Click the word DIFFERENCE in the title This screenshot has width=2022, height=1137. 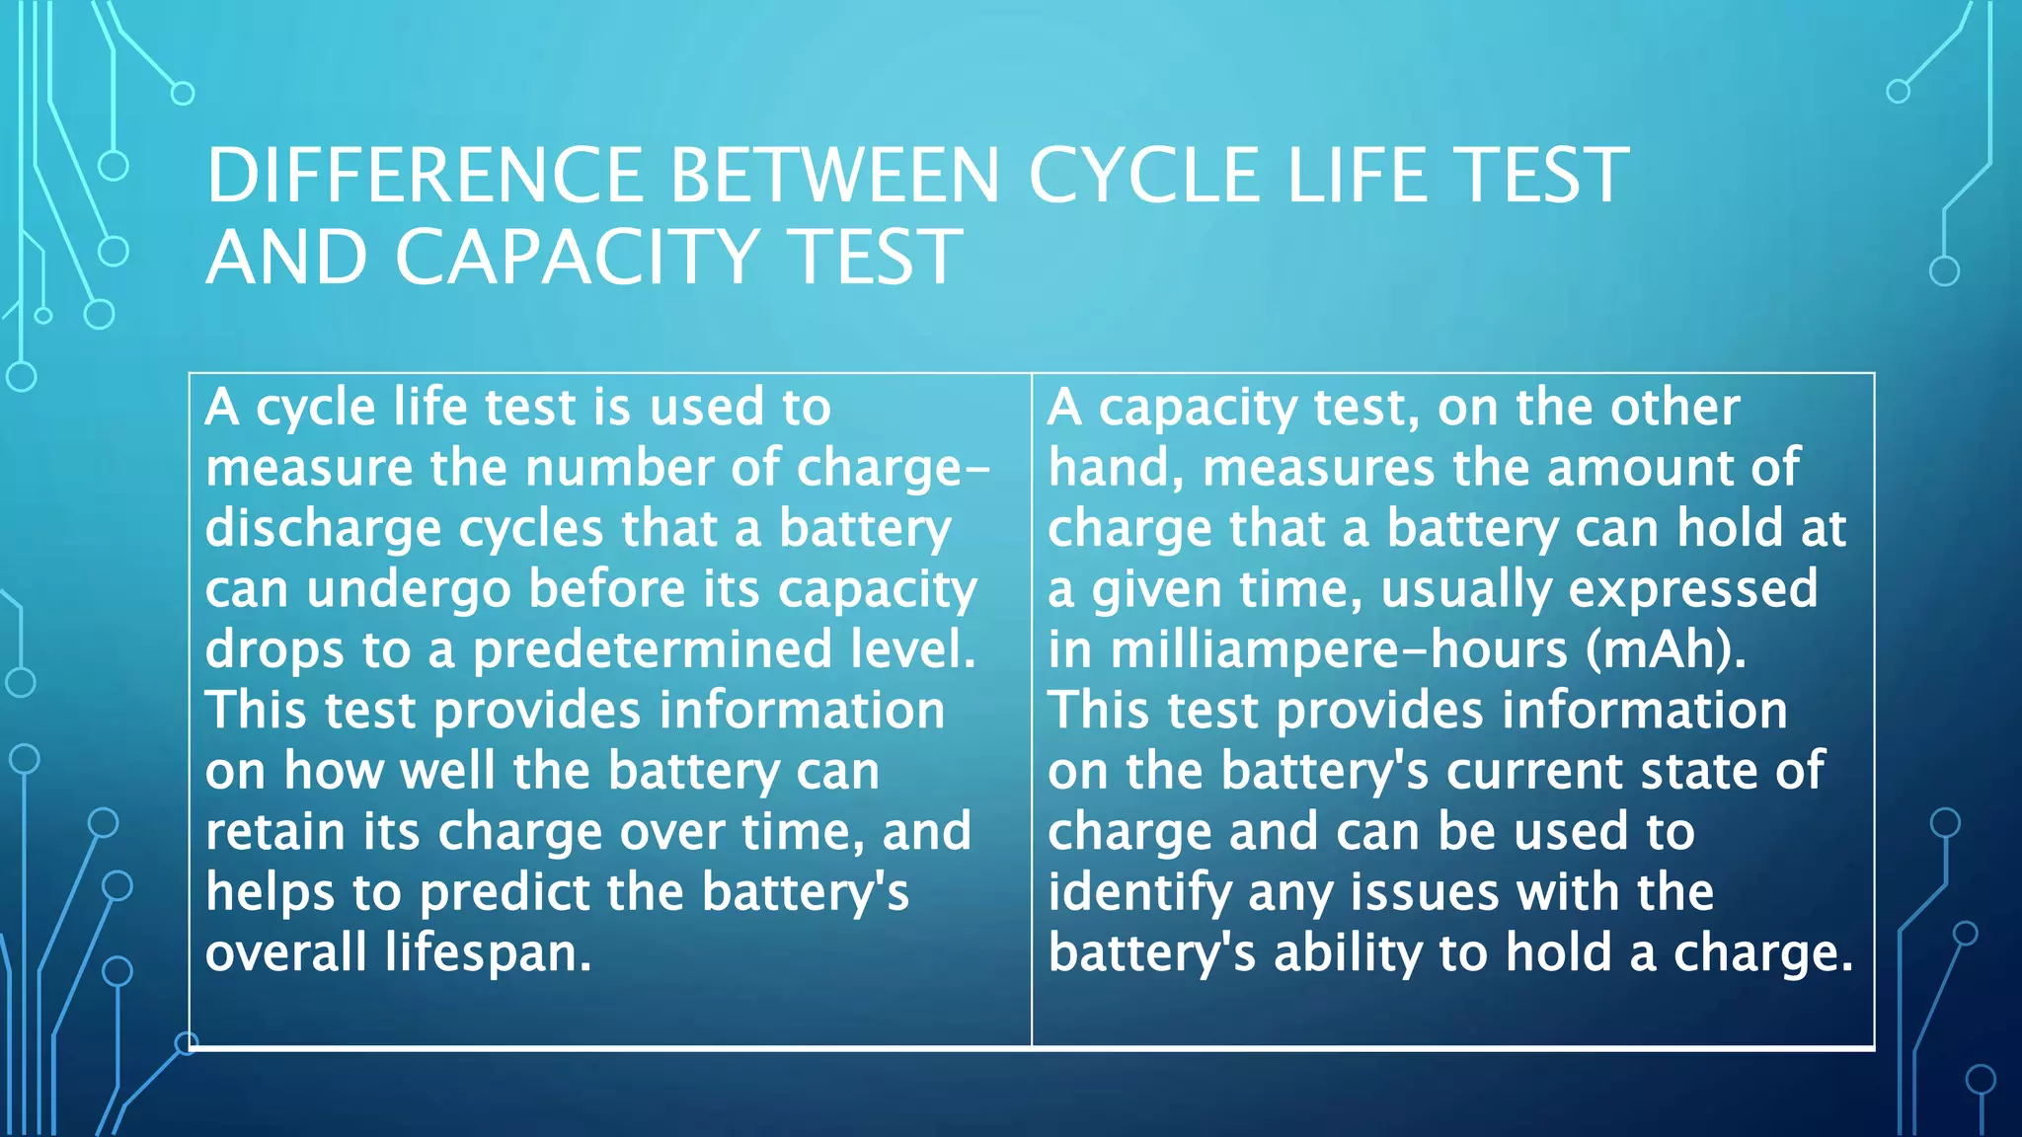click(x=426, y=176)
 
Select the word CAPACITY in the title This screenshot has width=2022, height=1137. click(x=578, y=258)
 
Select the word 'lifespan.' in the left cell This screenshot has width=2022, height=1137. click(x=488, y=953)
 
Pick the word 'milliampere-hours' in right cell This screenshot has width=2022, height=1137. click(x=1339, y=650)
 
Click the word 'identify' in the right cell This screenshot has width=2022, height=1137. click(x=1139, y=893)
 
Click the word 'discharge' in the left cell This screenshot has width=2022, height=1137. click(x=323, y=529)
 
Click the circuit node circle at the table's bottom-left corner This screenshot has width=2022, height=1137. click(x=187, y=1043)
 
